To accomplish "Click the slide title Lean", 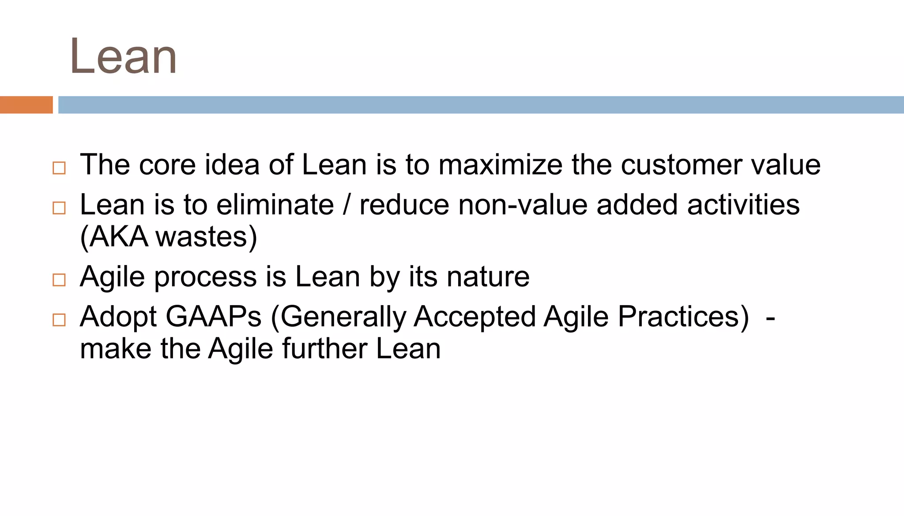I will point(123,56).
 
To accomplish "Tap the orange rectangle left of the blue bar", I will point(26,105).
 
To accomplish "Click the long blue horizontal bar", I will point(481,105).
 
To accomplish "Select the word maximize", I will point(500,165).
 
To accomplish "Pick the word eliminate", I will point(275,205).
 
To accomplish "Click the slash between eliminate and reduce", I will point(347,205).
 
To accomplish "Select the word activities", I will point(743,205).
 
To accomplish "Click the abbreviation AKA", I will point(118,237).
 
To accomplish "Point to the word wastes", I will point(203,237).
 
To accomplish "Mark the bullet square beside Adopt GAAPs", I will point(59,320).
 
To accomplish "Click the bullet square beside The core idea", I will point(59,168).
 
